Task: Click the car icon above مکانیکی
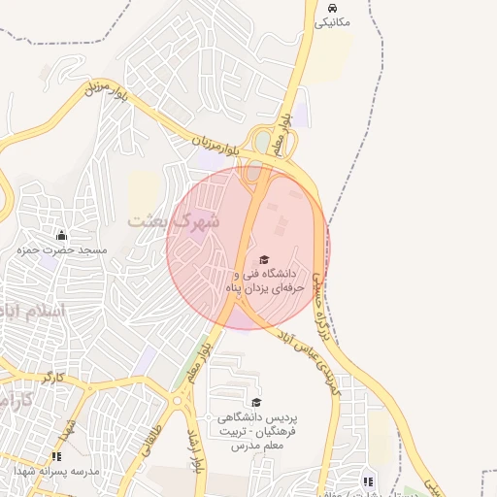click(x=334, y=6)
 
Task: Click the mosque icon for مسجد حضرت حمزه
click(x=62, y=235)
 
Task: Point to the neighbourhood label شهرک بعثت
click(x=175, y=221)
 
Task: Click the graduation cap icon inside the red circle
click(x=264, y=260)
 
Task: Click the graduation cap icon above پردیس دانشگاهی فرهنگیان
click(x=256, y=402)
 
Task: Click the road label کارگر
click(x=53, y=375)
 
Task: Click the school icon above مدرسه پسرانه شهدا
click(x=56, y=455)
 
